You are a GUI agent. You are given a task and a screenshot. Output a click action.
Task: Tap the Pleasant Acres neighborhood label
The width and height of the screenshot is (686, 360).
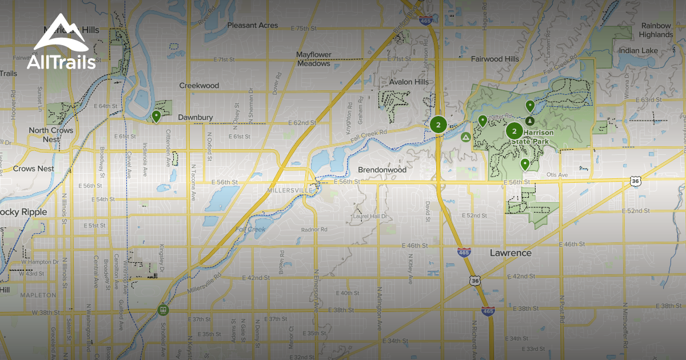(x=253, y=26)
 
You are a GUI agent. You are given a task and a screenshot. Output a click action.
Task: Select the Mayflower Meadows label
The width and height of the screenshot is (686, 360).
(x=313, y=59)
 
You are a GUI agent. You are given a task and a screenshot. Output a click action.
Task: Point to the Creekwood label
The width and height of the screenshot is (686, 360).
(x=199, y=86)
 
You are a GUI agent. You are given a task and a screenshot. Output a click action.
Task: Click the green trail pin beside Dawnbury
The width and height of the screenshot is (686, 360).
(x=156, y=117)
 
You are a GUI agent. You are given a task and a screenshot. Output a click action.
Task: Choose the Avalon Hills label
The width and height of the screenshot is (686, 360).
(x=408, y=82)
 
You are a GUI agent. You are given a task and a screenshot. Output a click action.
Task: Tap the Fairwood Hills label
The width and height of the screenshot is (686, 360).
(x=494, y=59)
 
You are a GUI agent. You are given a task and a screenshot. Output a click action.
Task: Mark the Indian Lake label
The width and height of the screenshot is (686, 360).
(x=638, y=51)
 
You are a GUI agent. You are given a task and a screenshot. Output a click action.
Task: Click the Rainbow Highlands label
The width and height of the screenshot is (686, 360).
(x=656, y=30)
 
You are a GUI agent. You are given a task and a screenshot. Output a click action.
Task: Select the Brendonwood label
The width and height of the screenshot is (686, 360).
(x=382, y=170)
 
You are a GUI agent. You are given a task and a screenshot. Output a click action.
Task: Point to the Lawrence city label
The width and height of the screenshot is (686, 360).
(x=510, y=253)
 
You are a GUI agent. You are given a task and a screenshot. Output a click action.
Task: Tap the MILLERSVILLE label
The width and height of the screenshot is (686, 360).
(x=290, y=190)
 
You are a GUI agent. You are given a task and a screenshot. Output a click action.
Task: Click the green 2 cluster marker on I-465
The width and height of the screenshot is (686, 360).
(x=438, y=125)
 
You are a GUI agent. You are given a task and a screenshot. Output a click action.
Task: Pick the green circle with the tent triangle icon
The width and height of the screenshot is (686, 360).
(x=465, y=137)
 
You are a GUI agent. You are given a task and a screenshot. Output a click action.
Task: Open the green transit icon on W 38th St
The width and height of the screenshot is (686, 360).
(x=163, y=310)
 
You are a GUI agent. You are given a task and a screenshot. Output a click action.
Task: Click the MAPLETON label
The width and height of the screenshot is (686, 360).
(x=38, y=295)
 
